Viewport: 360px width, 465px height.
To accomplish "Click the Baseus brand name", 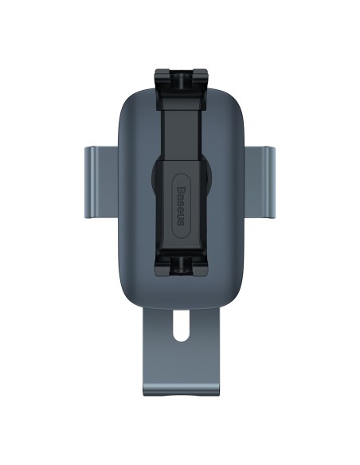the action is click(181, 206).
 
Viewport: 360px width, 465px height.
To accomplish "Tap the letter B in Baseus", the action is click(181, 190).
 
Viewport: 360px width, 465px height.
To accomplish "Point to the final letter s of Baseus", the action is click(181, 223).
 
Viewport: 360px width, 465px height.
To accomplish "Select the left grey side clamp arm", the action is click(101, 182).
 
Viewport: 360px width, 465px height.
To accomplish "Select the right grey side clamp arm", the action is click(260, 182).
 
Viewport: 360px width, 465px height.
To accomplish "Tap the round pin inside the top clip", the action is click(181, 80).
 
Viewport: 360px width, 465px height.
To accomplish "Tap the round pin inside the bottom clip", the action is click(181, 264).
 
